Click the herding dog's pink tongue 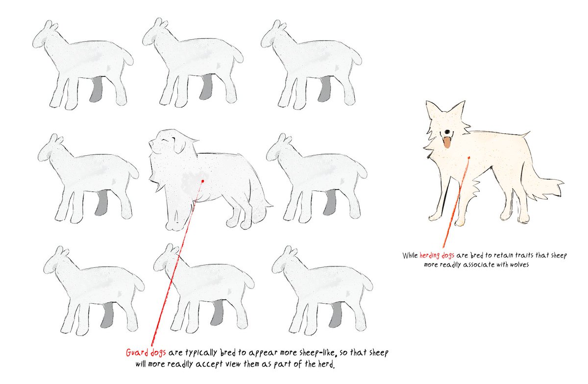pyautogui.click(x=446, y=143)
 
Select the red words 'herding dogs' pyautogui.click(x=437, y=256)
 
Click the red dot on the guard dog pyautogui.click(x=202, y=181)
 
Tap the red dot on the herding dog pyautogui.click(x=469, y=158)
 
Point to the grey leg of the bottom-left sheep pyautogui.click(x=107, y=316)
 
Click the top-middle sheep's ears pyautogui.click(x=160, y=24)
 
